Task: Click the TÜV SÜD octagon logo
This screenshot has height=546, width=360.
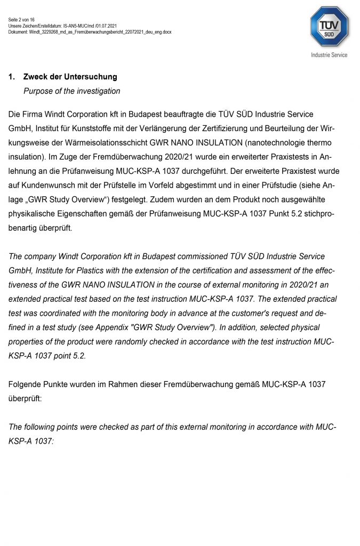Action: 329,26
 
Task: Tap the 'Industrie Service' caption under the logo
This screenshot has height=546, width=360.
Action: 329,55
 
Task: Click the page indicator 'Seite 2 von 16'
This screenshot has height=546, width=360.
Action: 21,20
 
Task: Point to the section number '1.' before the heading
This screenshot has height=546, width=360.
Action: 12,77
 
